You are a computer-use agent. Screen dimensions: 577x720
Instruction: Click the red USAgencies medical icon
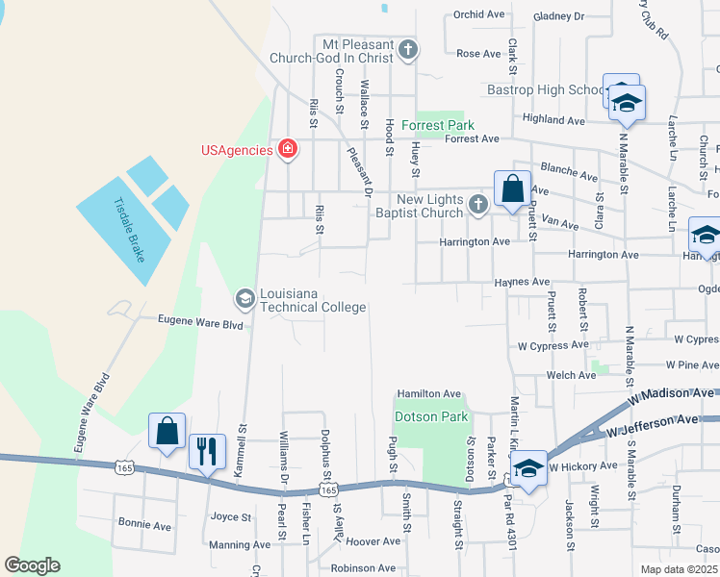(x=287, y=148)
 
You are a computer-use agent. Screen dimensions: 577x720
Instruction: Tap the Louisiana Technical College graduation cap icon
(x=244, y=299)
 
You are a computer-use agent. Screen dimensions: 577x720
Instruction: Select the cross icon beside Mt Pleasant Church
(x=408, y=50)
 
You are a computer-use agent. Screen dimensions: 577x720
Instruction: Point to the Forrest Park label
(x=438, y=125)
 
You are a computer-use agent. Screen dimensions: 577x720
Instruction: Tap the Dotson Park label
(x=431, y=416)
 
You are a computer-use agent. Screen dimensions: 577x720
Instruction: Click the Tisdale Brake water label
(x=127, y=233)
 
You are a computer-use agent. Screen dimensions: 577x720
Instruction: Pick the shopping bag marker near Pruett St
(x=512, y=188)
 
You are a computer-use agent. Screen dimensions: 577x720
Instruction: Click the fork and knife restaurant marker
(x=207, y=451)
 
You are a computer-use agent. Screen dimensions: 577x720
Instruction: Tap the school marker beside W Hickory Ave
(x=528, y=468)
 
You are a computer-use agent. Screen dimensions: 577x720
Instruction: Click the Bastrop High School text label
(x=544, y=89)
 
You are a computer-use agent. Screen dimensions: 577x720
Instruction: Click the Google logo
(x=32, y=565)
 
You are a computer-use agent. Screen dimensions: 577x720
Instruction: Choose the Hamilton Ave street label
(x=429, y=394)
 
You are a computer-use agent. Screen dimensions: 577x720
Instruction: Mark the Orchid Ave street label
(x=480, y=15)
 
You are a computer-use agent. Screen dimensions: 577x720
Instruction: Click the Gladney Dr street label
(x=558, y=16)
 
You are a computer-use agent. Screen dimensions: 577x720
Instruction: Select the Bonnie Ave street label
(x=144, y=526)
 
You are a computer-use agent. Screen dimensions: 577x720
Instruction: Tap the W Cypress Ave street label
(x=553, y=344)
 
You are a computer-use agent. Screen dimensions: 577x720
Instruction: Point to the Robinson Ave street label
(x=364, y=568)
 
